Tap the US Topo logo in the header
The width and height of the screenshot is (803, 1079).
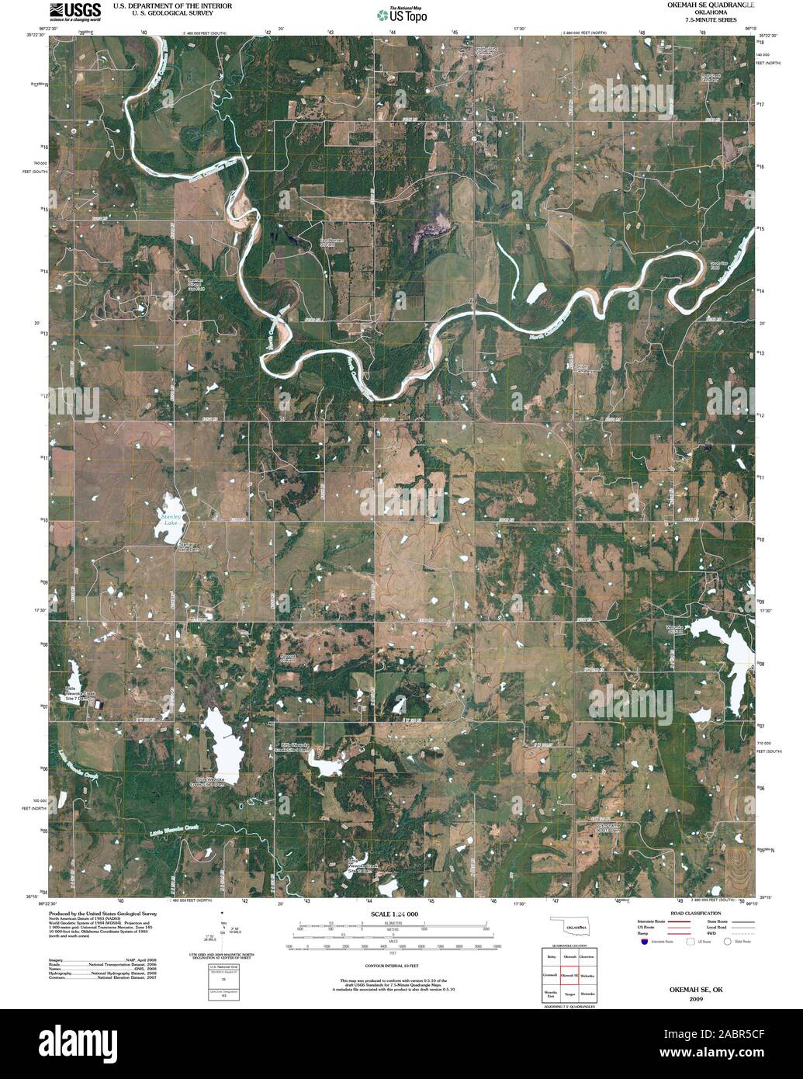point(401,15)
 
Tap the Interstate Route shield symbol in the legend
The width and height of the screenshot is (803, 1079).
point(643,942)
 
